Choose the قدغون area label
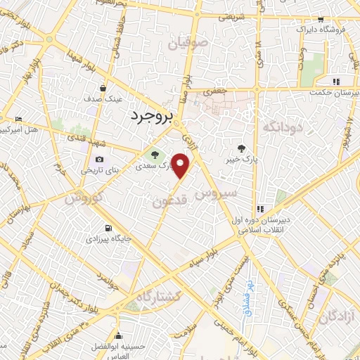(x=170, y=202)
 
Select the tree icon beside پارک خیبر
(x=242, y=148)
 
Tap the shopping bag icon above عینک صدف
(x=104, y=89)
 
